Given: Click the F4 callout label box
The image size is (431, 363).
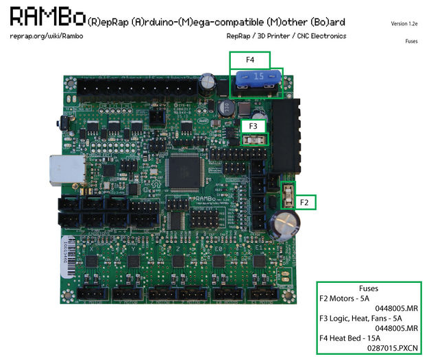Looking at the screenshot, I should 249,60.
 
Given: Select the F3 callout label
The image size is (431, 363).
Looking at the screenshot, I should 253,126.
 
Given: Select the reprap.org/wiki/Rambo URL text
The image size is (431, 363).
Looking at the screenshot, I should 47,36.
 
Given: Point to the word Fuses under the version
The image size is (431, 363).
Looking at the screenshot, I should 412,41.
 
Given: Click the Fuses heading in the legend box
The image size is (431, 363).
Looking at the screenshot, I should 368,288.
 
